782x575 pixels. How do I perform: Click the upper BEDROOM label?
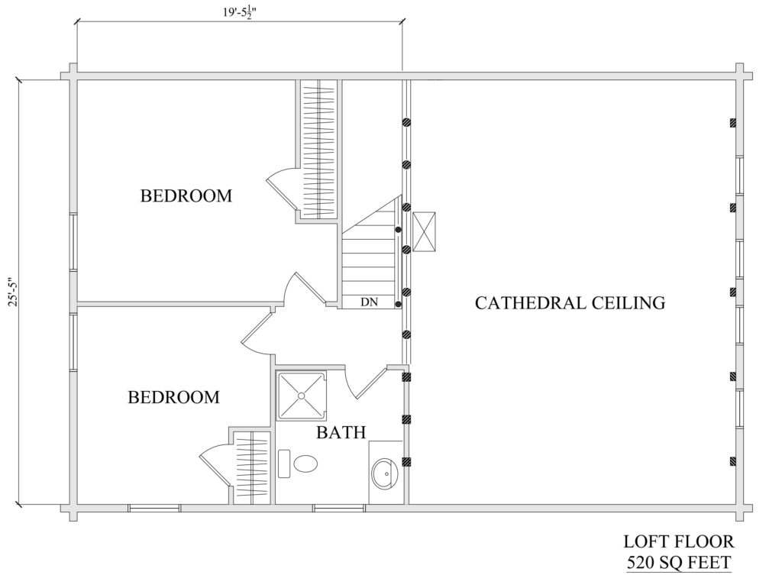pos(186,195)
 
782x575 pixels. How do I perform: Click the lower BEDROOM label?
pos(173,397)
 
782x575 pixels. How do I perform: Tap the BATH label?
pos(341,432)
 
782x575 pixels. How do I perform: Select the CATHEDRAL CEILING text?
pos(570,302)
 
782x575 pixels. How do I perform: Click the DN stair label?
pos(369,302)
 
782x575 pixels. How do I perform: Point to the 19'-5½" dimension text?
pos(239,12)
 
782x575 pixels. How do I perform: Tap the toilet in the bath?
pos(299,464)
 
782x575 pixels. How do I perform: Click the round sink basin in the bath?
pos(385,473)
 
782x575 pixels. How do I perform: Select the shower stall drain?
pos(301,396)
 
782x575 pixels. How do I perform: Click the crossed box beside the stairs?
pos(424,232)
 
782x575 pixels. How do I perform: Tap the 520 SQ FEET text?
pos(679,562)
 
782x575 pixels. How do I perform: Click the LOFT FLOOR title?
pos(679,541)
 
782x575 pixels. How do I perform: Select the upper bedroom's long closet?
pos(318,150)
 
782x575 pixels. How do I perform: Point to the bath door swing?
pos(367,383)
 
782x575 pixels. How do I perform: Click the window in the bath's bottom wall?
pos(339,508)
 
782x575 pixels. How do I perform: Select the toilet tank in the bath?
pos(284,464)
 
